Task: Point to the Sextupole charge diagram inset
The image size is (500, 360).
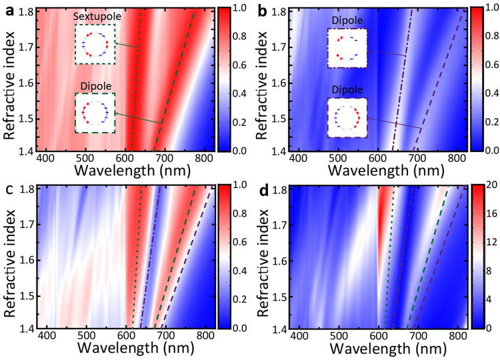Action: click(x=95, y=44)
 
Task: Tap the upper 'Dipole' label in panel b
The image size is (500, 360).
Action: click(x=347, y=21)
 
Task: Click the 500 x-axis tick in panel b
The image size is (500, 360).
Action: click(x=338, y=159)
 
